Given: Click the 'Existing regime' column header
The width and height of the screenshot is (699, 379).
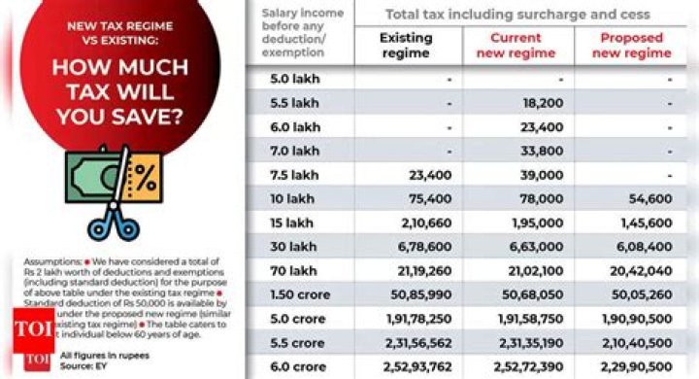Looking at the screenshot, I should pos(406,45).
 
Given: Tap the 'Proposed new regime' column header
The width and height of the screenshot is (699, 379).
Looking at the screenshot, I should pos(631,45).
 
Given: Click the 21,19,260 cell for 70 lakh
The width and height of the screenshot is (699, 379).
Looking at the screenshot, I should pos(420,270).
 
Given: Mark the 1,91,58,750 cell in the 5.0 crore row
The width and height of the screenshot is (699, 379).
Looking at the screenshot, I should pos(528,318).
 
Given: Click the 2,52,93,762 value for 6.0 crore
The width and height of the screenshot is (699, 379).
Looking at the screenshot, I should pos(416,365).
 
